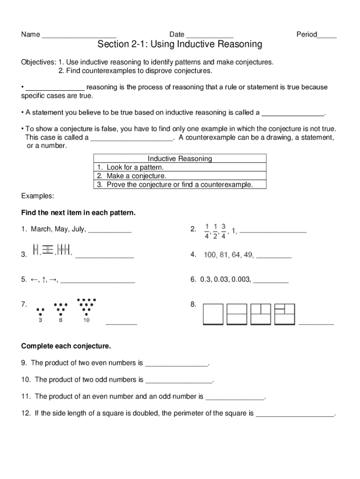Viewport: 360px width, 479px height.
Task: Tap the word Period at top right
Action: click(306, 35)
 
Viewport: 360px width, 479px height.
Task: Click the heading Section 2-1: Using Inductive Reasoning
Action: click(180, 44)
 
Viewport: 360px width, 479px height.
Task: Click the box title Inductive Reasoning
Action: click(180, 159)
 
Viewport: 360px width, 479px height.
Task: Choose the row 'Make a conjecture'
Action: click(136, 176)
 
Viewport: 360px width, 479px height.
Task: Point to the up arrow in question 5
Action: click(43, 280)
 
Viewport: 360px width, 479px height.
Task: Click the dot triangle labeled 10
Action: click(86, 307)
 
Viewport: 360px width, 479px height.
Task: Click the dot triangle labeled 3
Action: click(41, 312)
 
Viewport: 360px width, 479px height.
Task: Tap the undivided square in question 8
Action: click(213, 313)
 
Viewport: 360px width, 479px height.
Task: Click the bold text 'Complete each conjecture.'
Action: click(66, 346)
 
